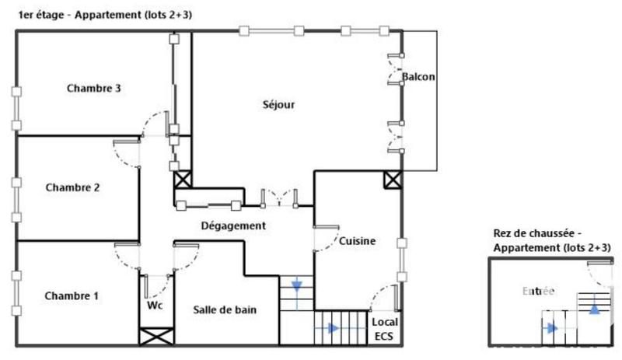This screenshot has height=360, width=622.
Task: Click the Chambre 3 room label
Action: [93, 88]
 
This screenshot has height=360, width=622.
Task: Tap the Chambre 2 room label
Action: [72, 187]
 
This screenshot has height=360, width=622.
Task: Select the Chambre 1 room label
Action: [72, 295]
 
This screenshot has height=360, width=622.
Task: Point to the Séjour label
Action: [278, 105]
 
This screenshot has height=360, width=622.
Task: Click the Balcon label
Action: [418, 77]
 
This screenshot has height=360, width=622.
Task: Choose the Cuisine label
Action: [357, 241]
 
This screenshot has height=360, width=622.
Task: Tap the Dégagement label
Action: [233, 225]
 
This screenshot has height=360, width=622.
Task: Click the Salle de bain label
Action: [225, 309]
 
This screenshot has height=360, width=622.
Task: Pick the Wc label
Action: [155, 306]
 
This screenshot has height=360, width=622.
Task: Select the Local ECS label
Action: [384, 329]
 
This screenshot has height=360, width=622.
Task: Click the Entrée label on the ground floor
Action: [538, 292]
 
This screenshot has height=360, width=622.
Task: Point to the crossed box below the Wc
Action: [156, 337]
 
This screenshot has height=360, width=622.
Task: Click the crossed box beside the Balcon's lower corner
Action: [393, 180]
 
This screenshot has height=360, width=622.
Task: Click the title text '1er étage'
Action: [41, 15]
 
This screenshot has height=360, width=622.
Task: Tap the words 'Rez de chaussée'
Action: [533, 233]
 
